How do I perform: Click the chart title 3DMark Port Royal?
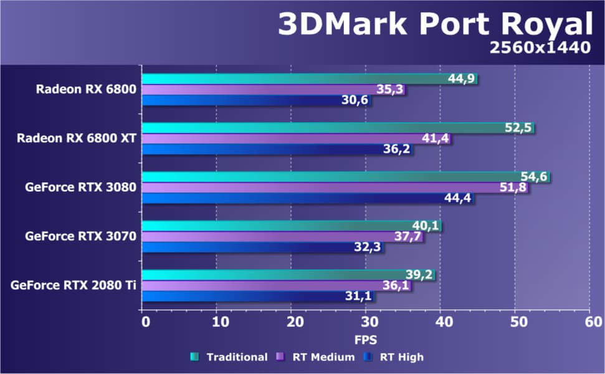(434, 25)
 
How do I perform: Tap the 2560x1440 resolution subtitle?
(540, 49)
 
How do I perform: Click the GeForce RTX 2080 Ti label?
(74, 285)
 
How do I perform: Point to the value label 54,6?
(534, 176)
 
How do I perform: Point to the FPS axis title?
(366, 340)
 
